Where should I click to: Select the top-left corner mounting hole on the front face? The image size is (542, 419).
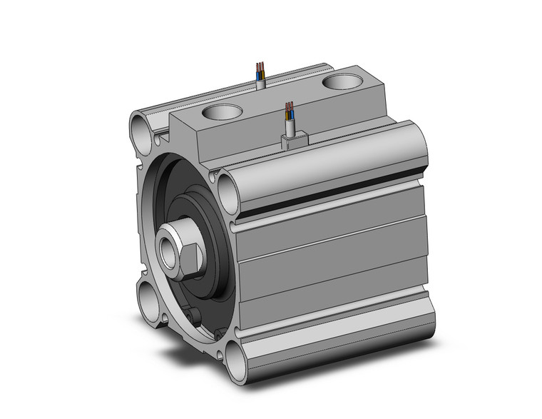tap(139, 128)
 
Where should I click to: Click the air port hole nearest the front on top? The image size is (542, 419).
tap(222, 111)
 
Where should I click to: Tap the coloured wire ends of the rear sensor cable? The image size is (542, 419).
tap(260, 70)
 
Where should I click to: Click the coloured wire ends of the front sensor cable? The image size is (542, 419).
tap(289, 110)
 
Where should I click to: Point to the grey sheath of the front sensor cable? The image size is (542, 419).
tap(290, 128)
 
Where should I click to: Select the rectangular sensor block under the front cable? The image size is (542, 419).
tap(295, 141)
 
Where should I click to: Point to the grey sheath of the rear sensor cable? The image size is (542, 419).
tap(260, 83)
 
